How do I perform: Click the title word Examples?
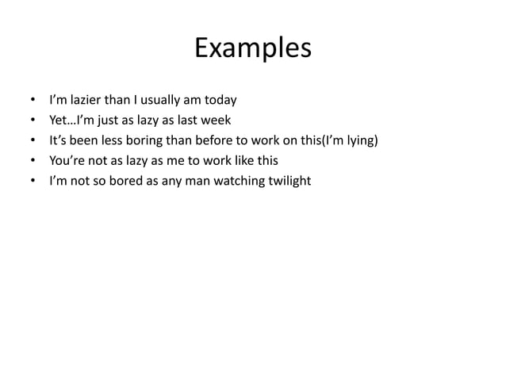[x=253, y=49]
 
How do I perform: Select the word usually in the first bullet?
[x=166, y=101]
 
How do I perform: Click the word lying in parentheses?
[x=360, y=141]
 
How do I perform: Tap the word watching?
[x=243, y=182]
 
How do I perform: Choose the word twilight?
[x=291, y=182]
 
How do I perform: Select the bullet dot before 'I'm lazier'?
[x=32, y=101]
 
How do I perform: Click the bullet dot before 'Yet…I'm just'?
[x=32, y=121]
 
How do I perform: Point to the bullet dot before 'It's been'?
[x=32, y=142]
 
